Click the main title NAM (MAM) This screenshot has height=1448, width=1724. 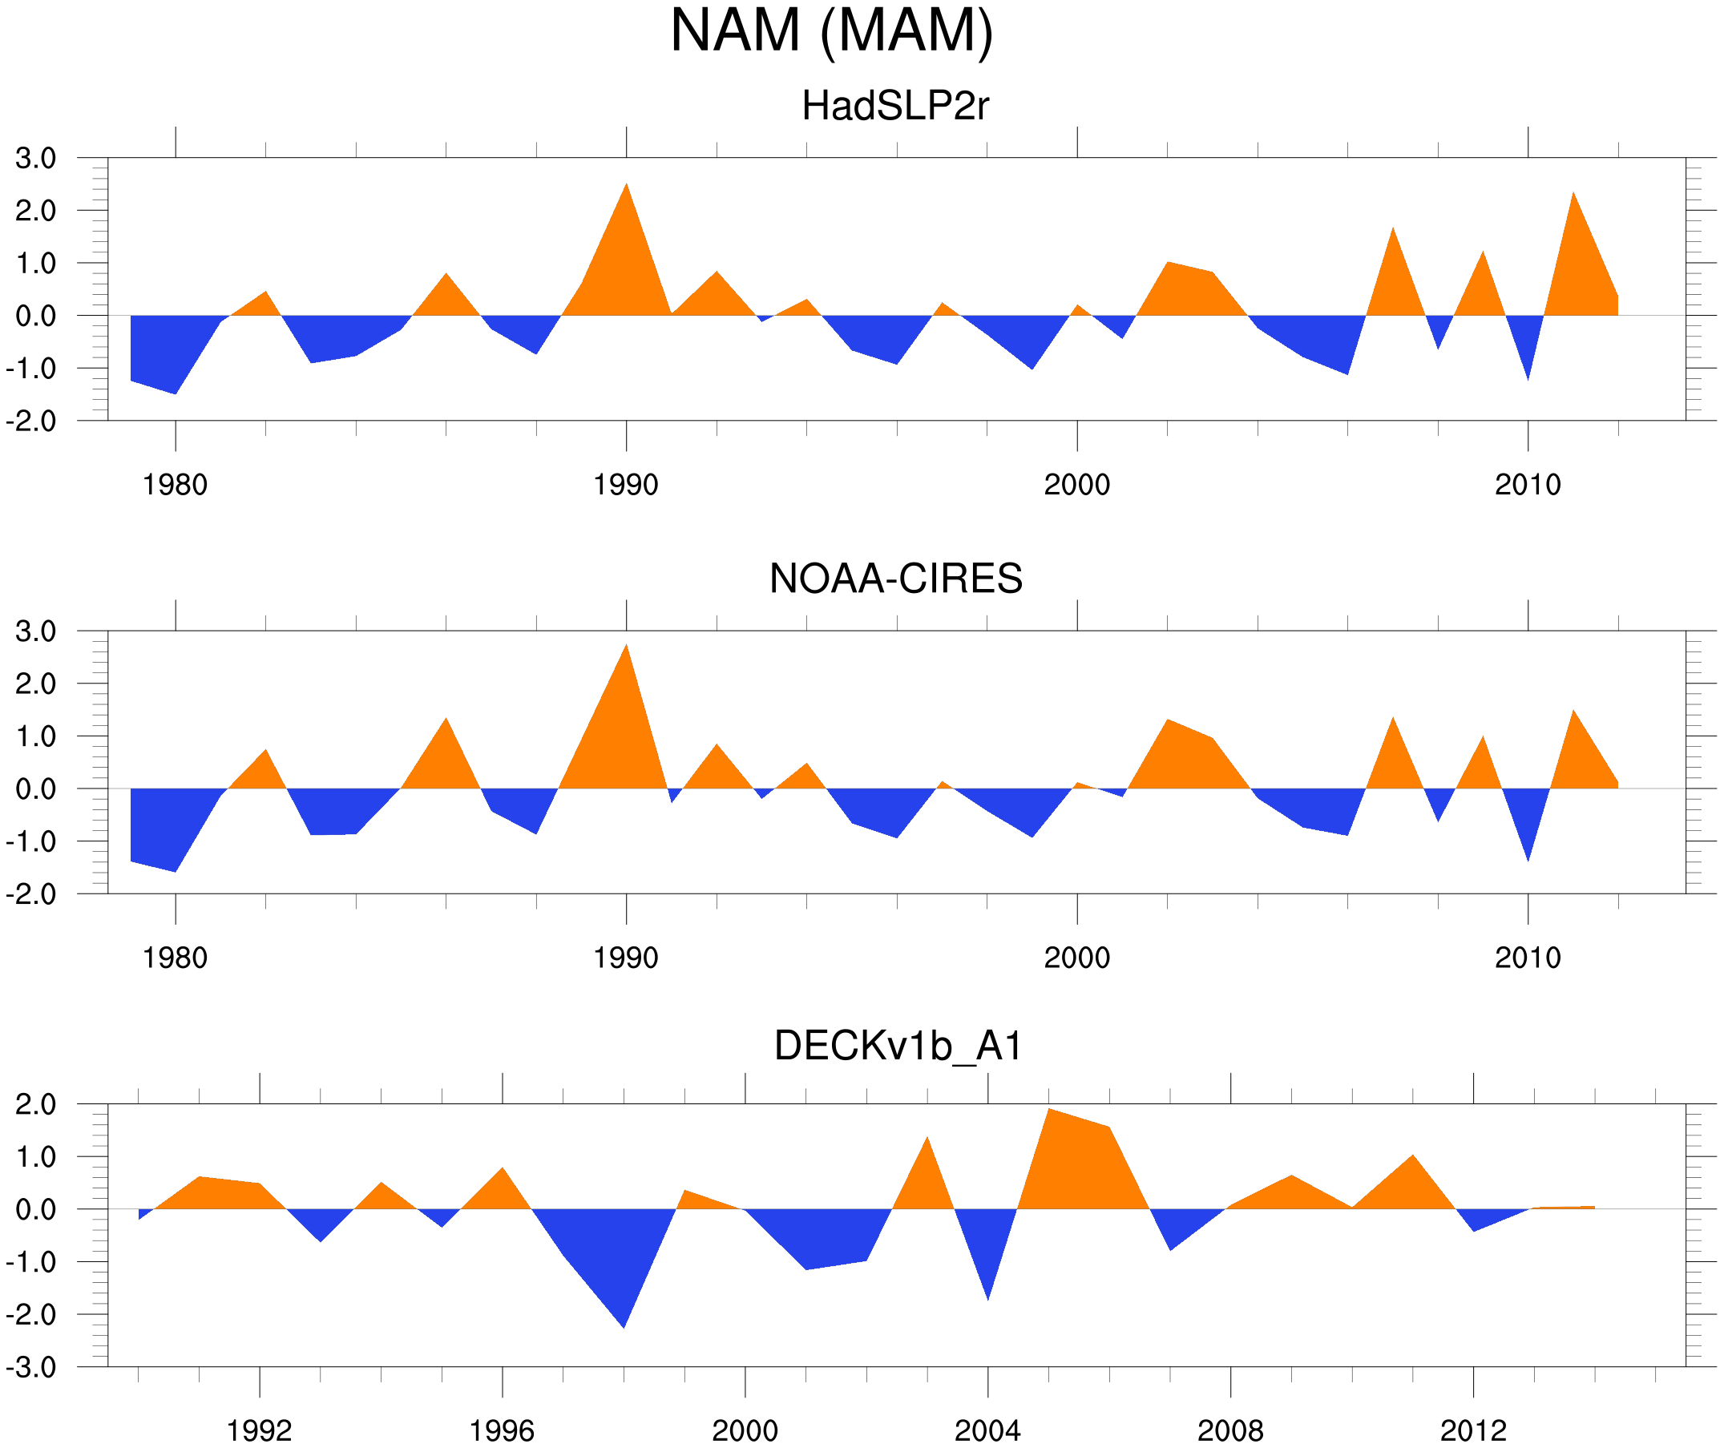[x=831, y=31]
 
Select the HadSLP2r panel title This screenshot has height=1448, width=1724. [x=894, y=107]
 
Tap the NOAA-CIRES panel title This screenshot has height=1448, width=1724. [x=894, y=579]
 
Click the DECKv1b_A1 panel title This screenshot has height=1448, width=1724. [x=898, y=1047]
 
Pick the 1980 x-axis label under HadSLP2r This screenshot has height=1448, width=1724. [x=175, y=485]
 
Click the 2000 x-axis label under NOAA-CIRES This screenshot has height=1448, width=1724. [x=1076, y=958]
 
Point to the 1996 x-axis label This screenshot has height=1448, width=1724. [x=502, y=1430]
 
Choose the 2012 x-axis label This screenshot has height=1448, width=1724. [x=1473, y=1430]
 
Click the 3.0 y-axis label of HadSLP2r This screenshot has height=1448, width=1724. [x=35, y=159]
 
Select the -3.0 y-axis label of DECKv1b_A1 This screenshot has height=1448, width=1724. [x=31, y=1368]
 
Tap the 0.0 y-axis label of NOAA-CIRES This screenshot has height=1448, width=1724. [x=35, y=789]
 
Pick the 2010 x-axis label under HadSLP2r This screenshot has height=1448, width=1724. [x=1527, y=485]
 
